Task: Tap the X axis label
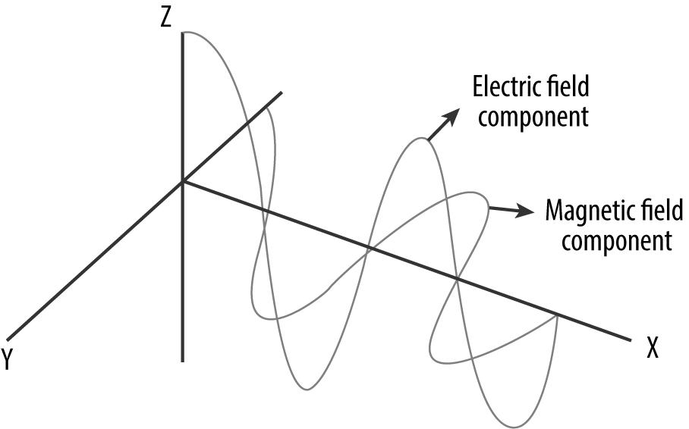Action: pyautogui.click(x=651, y=349)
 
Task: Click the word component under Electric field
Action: pyautogui.click(x=524, y=118)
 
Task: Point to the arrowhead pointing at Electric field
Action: pyautogui.click(x=452, y=115)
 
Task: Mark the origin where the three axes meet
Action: pyautogui.click(x=183, y=181)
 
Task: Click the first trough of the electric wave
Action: pyautogui.click(x=307, y=389)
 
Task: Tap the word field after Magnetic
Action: pyautogui.click(x=650, y=210)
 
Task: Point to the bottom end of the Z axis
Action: pyautogui.click(x=183, y=361)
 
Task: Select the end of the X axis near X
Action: pyautogui.click(x=630, y=339)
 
